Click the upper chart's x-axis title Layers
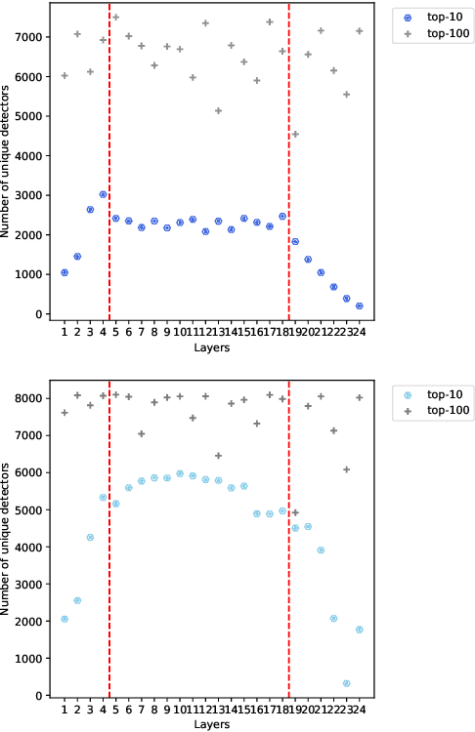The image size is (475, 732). (212, 347)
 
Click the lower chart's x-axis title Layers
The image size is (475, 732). (212, 724)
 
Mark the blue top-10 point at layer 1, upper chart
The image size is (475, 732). (65, 272)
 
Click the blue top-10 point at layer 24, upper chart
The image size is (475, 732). (360, 305)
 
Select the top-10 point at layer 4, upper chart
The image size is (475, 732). (103, 194)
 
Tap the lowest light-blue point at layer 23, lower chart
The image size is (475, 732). (347, 683)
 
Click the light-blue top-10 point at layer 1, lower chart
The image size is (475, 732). (65, 619)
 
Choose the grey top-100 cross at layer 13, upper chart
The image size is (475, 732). (218, 110)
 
